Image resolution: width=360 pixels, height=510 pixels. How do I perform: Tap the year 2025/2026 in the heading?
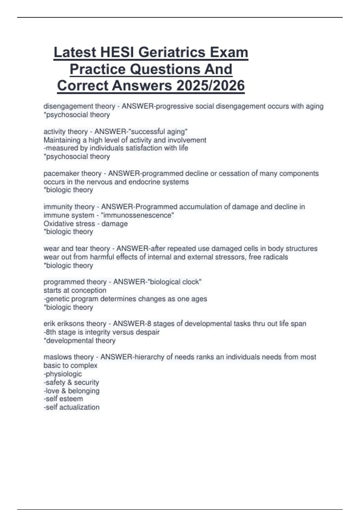211,86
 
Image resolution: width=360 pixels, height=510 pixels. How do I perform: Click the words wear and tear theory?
77,248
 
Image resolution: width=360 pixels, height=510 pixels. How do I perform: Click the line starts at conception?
75,290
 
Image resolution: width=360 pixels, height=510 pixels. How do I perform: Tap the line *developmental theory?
79,340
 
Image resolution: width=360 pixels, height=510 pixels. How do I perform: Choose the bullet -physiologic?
63,374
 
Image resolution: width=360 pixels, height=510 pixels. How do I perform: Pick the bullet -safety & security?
71,382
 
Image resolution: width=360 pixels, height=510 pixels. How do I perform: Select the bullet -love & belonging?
71,391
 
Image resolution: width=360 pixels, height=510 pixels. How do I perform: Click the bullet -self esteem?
63,399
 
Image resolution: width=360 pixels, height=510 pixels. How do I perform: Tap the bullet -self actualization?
71,407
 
